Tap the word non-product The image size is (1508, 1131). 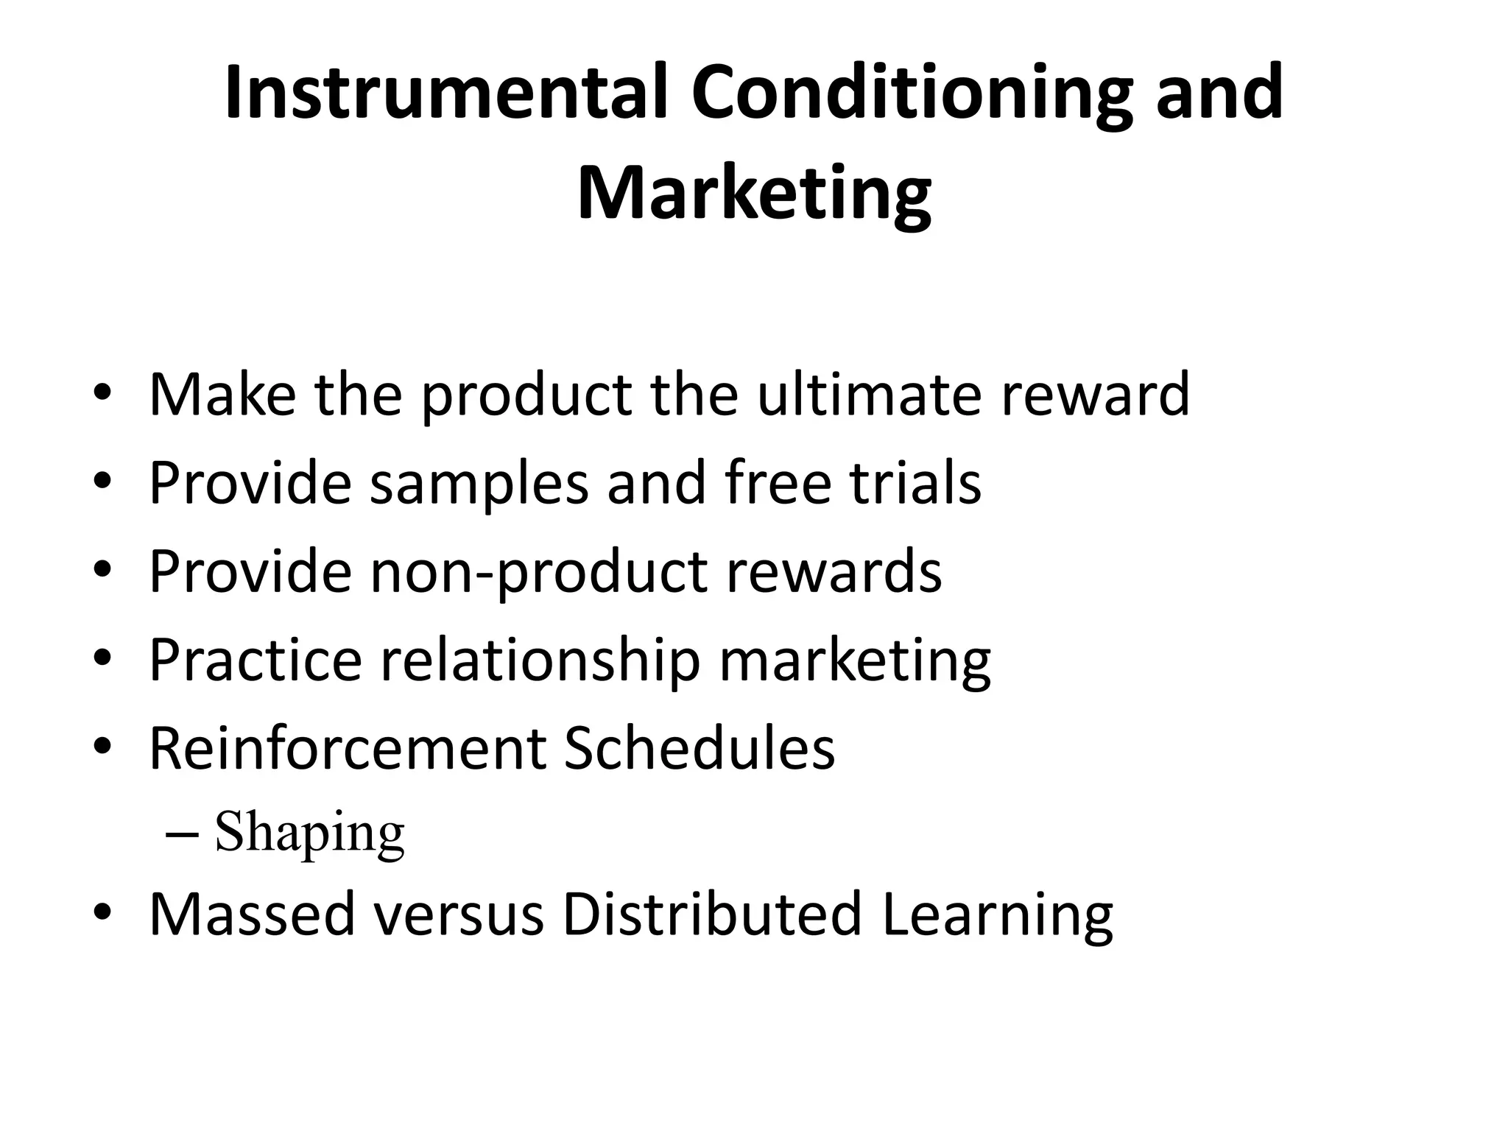coord(538,571)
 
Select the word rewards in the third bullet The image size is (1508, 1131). coord(834,571)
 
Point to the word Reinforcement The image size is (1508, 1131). coord(346,748)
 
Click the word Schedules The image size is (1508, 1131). coord(699,748)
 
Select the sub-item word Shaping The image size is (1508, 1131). coord(310,833)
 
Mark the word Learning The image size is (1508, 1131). coord(998,914)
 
